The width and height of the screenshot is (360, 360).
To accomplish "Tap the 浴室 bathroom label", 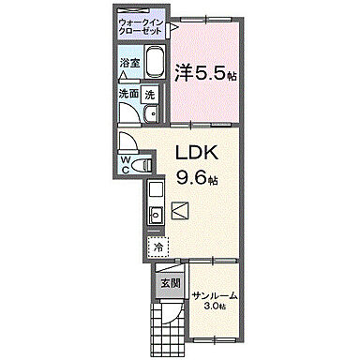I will tap(129, 64).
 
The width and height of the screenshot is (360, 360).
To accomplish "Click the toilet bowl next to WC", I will tap(144, 165).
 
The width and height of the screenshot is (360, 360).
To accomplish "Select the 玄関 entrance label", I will tap(170, 282).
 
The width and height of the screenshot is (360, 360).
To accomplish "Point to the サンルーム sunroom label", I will tap(215, 296).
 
